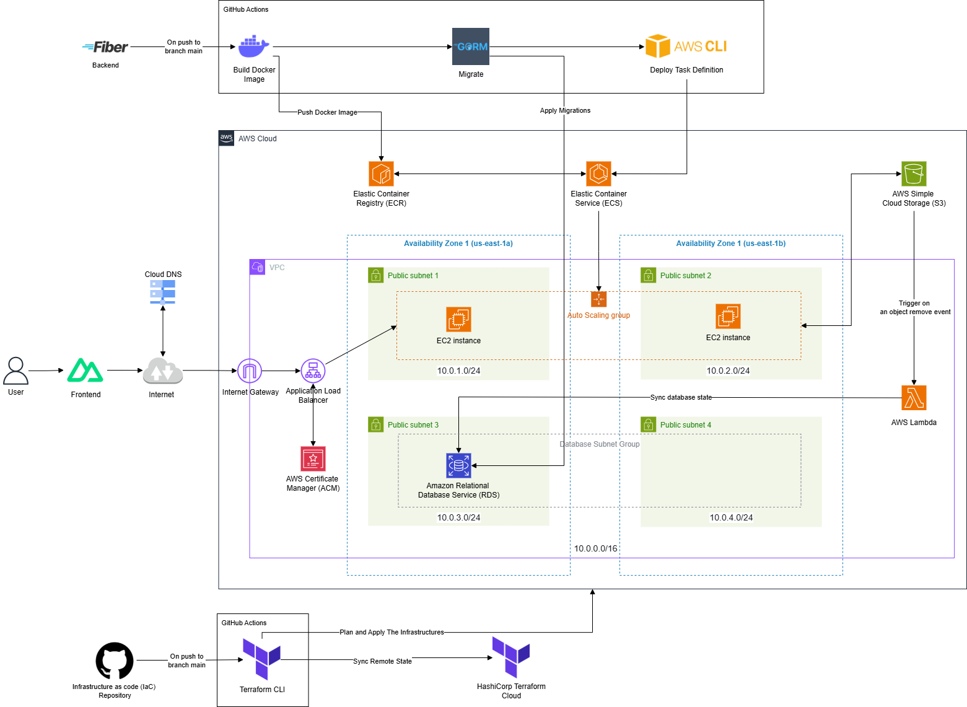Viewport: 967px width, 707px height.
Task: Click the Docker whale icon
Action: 253,47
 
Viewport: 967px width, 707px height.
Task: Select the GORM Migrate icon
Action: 471,46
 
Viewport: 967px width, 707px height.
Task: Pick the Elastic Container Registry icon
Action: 381,174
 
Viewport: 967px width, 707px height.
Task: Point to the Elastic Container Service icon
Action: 598,174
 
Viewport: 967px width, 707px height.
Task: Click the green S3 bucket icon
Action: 914,174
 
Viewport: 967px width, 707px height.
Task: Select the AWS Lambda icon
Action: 914,398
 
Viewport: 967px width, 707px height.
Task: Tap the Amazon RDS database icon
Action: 458,465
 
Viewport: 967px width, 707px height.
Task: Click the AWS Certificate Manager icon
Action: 313,459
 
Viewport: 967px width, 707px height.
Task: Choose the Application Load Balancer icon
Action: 313,371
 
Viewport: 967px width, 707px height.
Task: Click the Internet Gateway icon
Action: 250,371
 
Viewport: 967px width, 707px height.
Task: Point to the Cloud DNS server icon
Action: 163,292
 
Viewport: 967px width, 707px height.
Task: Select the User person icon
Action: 15,371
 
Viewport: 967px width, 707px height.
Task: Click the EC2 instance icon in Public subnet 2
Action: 728,317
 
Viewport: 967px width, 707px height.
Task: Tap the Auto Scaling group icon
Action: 598,299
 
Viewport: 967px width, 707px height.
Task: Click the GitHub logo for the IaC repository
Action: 115,661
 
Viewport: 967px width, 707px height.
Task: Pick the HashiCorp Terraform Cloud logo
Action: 511,657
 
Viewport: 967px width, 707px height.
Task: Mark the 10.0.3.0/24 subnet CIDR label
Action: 458,517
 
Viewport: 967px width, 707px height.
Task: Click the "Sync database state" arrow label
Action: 681,397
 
